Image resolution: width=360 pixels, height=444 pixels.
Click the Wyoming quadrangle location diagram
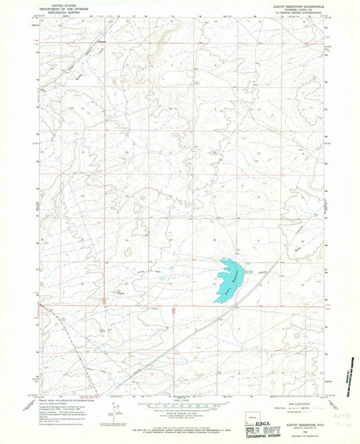click(257, 412)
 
